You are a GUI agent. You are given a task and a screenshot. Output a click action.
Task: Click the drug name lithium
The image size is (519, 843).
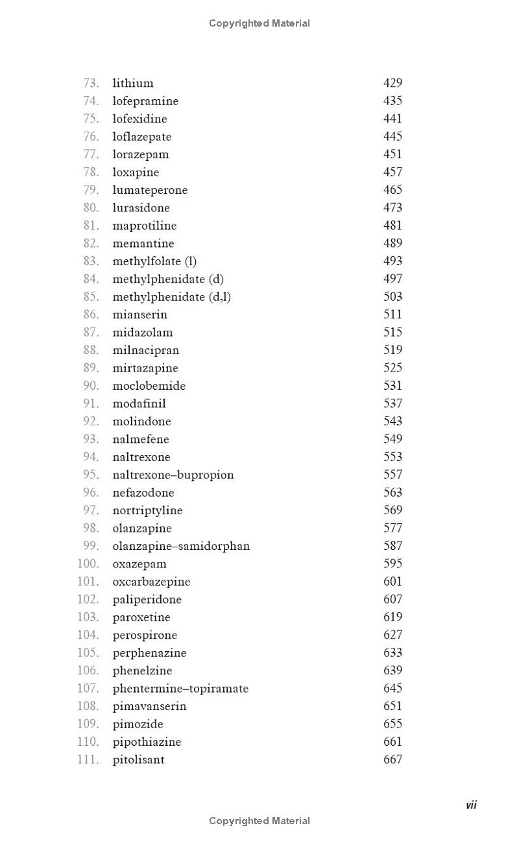point(133,83)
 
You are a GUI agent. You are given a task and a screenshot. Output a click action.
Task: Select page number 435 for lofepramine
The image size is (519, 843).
point(392,101)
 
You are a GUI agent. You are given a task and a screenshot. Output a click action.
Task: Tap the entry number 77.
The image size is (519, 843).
point(91,154)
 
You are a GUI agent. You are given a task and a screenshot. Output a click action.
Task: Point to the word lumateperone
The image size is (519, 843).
point(150,190)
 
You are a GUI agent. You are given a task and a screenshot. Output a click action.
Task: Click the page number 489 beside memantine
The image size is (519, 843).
point(392,243)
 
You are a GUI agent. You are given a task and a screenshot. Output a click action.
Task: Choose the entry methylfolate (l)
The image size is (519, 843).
point(154,261)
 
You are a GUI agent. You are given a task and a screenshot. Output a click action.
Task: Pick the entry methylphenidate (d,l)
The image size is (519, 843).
point(171,297)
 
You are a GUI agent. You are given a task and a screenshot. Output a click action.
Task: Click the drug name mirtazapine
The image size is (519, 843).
point(145,368)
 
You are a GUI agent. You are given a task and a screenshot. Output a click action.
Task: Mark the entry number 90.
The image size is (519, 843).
point(91,386)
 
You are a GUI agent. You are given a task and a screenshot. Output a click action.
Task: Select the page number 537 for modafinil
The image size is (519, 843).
point(392,403)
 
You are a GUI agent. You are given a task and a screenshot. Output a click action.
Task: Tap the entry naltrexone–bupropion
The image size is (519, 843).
point(173,475)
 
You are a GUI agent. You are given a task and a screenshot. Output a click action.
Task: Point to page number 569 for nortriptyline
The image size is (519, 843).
point(392,510)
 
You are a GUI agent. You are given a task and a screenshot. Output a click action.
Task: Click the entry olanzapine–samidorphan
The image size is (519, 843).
point(181,546)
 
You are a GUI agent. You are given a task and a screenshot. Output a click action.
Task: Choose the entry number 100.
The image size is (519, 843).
point(88,564)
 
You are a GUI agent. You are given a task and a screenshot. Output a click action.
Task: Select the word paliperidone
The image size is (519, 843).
point(147,599)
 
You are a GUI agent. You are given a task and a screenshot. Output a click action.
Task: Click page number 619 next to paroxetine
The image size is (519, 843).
point(392,617)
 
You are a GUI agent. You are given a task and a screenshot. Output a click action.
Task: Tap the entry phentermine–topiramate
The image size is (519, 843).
point(180,689)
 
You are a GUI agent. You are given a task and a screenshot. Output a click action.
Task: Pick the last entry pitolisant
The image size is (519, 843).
point(138,759)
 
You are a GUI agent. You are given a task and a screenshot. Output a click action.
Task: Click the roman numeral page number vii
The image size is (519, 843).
point(471,805)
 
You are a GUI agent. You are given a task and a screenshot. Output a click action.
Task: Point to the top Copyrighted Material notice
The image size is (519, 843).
point(259,23)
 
